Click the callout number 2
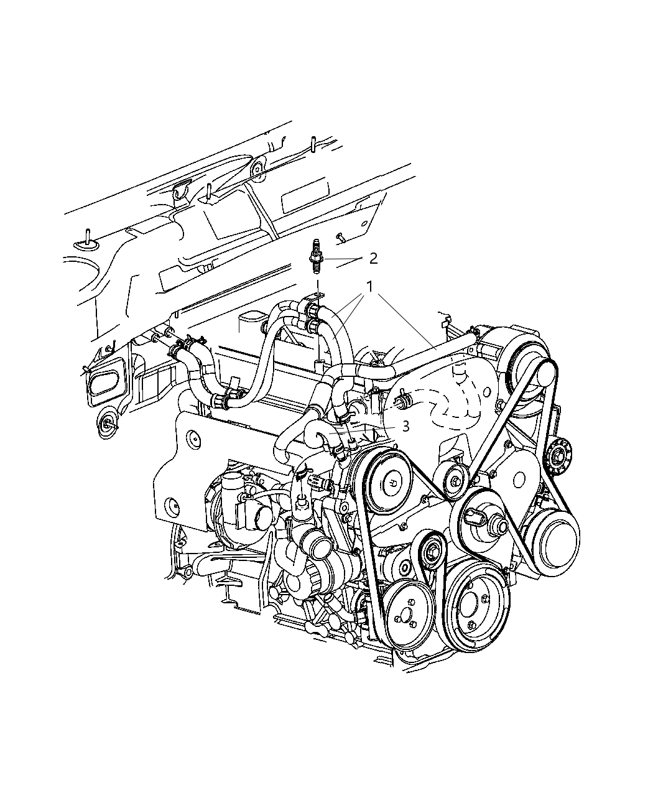373,259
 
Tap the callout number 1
369,287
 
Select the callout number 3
405,427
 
